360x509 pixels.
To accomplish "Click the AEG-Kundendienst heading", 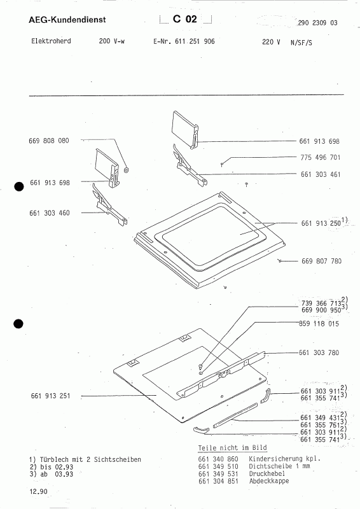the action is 67,20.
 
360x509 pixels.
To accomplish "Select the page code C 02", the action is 185,19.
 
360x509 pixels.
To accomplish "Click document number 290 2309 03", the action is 317,23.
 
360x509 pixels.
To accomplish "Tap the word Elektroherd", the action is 51,41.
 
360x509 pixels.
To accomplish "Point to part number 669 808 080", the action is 49,141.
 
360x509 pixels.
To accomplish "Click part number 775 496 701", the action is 321,157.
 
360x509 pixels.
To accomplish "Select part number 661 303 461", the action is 321,174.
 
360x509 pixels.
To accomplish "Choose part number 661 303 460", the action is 50,213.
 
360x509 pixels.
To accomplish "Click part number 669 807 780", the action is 321,261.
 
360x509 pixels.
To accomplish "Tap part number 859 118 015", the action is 319,324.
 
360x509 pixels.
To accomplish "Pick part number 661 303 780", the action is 319,352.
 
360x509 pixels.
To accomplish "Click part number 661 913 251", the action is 51,396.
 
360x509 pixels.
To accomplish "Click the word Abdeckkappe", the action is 269,481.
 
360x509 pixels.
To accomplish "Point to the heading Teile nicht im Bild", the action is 232,448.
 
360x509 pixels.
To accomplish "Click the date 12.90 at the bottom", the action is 38,491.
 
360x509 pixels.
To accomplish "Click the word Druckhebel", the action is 267,473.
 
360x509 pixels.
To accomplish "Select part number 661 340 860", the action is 218,459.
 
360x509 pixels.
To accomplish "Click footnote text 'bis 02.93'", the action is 57,467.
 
